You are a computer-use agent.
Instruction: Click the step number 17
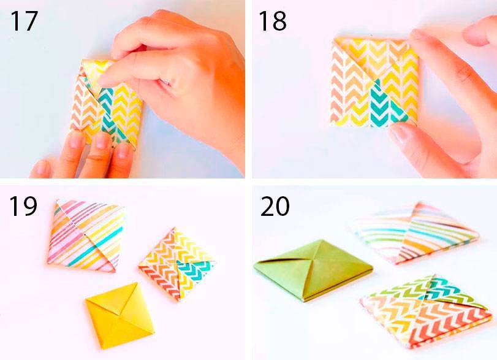[x=24, y=21]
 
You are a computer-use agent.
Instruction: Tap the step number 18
[x=273, y=21]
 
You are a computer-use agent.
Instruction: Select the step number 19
[x=23, y=206]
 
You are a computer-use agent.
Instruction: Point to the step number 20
[x=275, y=206]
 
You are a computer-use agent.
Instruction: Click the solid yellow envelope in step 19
[x=120, y=315]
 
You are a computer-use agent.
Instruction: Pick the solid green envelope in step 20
[x=313, y=270]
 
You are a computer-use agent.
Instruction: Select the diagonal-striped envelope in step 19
[x=86, y=236]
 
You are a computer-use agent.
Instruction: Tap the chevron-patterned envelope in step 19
[x=176, y=264]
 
